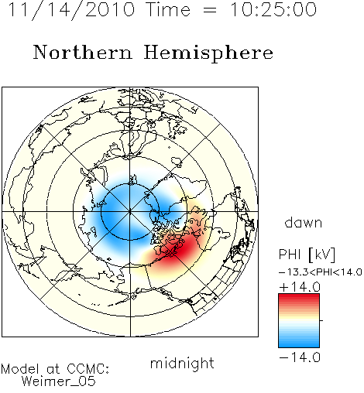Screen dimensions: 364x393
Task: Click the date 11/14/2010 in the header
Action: pos(71,10)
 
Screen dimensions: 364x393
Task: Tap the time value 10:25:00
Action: pos(273,9)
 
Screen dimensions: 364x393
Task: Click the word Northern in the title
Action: pos(82,53)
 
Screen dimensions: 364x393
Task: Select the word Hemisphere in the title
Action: pos(208,53)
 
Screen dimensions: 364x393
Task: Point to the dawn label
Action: pos(304,223)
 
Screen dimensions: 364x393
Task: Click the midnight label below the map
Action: pos(182,364)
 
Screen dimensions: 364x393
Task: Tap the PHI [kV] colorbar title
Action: pos(307,255)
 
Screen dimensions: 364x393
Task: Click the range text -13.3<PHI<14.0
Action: pos(321,272)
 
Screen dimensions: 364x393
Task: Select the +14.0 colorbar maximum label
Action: pos(300,287)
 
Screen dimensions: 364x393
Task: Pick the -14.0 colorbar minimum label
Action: pos(300,357)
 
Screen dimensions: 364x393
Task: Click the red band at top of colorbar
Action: pos(299,298)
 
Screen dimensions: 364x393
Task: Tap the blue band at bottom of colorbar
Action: pos(299,343)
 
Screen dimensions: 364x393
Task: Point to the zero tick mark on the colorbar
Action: pos(321,320)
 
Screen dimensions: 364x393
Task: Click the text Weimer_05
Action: pos(59,381)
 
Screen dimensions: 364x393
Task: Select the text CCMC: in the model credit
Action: pos(88,369)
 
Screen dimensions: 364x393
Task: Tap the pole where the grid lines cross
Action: pos(130,211)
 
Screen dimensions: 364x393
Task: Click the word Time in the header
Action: pos(168,9)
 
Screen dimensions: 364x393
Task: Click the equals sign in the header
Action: pos(210,10)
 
